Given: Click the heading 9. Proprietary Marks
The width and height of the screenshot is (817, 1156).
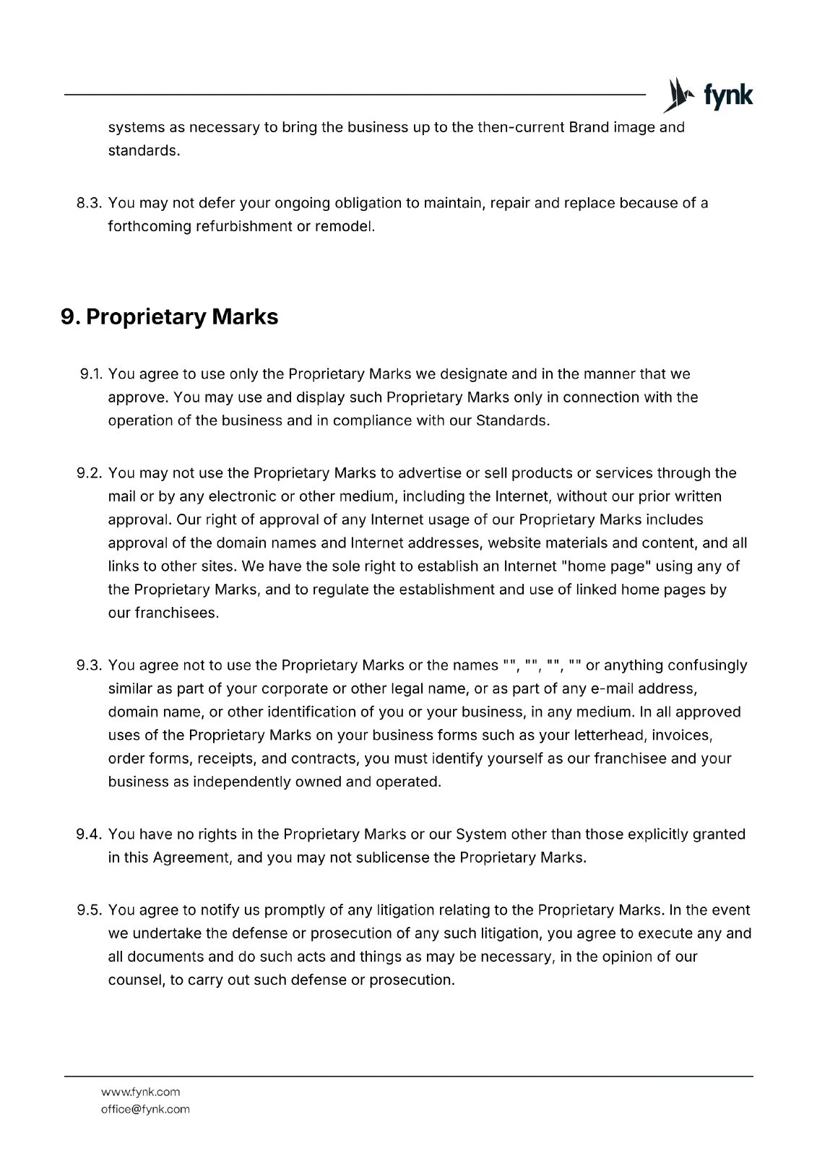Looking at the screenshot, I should pyautogui.click(x=170, y=317).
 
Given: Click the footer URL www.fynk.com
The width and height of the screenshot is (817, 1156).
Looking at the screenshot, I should pyautogui.click(x=140, y=1092).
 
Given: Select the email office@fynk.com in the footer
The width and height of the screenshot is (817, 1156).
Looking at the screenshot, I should pyautogui.click(x=145, y=1109).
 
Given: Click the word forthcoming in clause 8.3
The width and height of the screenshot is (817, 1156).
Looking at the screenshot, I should pyautogui.click(x=150, y=227).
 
